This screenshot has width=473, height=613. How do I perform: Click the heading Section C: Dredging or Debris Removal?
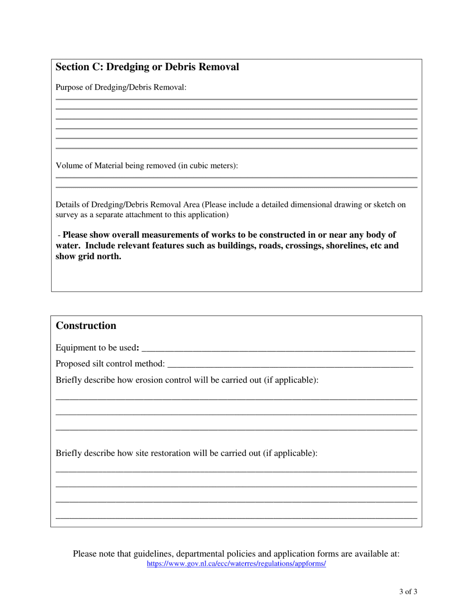147,67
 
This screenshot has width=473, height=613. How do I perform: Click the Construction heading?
86,325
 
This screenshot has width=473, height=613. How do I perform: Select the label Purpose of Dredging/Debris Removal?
121,88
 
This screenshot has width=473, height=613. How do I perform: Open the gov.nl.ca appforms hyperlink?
236,564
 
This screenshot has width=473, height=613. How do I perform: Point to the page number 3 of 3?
408,592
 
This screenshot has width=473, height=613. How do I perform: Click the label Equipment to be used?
97,348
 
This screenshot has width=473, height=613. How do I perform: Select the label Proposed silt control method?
110,364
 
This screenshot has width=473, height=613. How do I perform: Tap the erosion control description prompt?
187,380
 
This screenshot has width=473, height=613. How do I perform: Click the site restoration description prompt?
186,454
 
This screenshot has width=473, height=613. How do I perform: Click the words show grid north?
88,257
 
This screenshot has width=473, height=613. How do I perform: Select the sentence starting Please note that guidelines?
236,554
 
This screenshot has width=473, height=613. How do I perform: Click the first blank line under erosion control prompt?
236,399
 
